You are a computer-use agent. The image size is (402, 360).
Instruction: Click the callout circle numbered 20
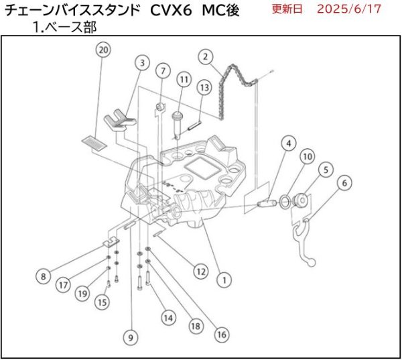click(x=103, y=50)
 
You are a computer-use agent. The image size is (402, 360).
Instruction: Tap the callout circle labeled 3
click(x=141, y=63)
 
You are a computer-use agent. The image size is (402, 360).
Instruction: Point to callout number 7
click(x=162, y=70)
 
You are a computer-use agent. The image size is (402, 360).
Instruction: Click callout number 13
click(x=204, y=87)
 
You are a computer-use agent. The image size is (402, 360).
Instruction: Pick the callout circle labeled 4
click(x=287, y=143)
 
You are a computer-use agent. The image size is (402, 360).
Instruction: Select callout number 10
click(x=307, y=157)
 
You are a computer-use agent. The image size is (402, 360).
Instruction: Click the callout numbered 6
click(x=344, y=182)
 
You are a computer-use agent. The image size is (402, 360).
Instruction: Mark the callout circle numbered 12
click(x=199, y=271)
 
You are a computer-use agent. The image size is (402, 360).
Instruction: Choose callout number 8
click(x=44, y=275)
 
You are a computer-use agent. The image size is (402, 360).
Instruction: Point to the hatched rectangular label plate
click(x=90, y=141)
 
